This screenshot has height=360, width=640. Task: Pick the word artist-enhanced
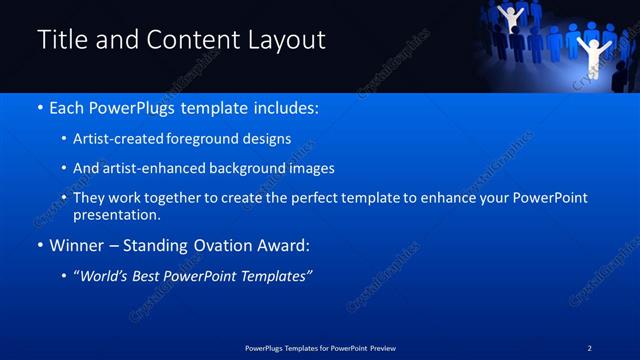[154, 169]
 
